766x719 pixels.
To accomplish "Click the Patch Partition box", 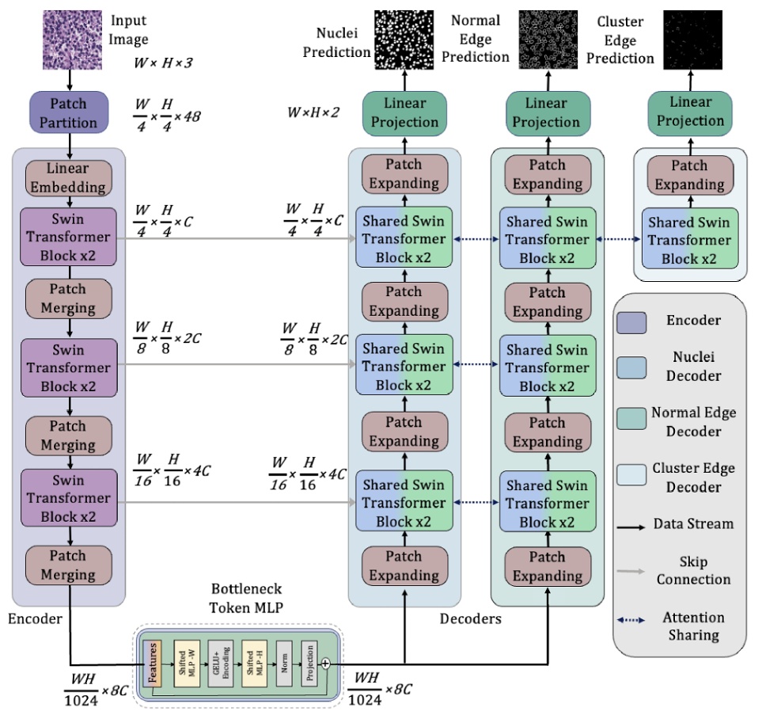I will [x=69, y=112].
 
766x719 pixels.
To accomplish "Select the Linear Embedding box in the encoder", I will [x=68, y=178].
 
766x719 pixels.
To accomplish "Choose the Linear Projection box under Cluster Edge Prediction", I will [x=690, y=112].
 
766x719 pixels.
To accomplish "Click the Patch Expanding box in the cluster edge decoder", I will [x=690, y=175].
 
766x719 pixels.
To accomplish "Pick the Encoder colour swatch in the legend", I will [x=631, y=321].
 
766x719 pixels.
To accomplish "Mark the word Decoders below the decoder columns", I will [x=470, y=618].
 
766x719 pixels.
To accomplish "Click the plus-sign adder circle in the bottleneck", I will [x=325, y=665].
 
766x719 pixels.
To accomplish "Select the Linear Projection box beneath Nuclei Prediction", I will [x=404, y=112].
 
